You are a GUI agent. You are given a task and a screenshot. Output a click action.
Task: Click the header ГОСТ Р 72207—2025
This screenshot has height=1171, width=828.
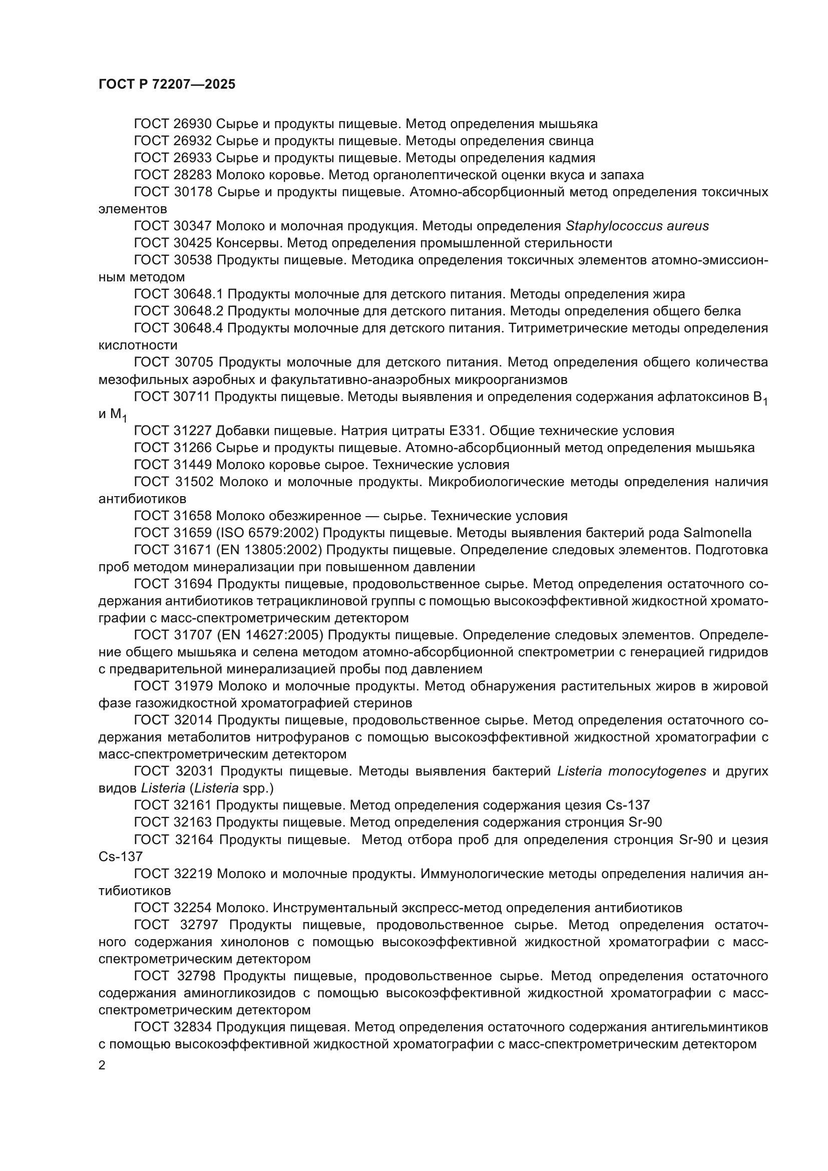(x=167, y=85)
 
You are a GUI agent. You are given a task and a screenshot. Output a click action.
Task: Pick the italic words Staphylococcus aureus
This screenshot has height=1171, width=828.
(x=637, y=226)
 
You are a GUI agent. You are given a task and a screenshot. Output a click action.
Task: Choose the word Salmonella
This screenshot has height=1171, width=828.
(x=717, y=533)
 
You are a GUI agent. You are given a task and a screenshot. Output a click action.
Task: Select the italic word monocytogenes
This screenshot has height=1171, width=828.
(x=657, y=771)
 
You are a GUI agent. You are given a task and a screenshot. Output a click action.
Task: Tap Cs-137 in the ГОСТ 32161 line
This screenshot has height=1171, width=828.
(x=628, y=806)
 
